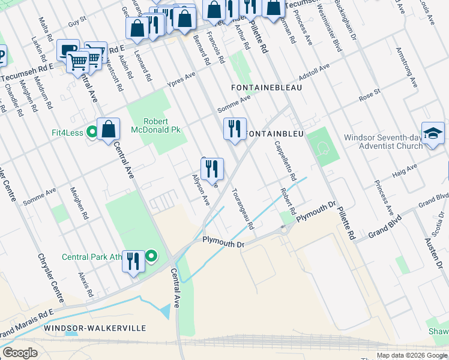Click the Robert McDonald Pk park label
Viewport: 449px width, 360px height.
162,125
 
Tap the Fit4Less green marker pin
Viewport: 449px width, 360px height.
91,131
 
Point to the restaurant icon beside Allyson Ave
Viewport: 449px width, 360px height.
212,169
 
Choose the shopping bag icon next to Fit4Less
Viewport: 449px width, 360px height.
109,129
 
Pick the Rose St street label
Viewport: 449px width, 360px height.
369,95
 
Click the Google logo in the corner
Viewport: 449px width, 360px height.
20,352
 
